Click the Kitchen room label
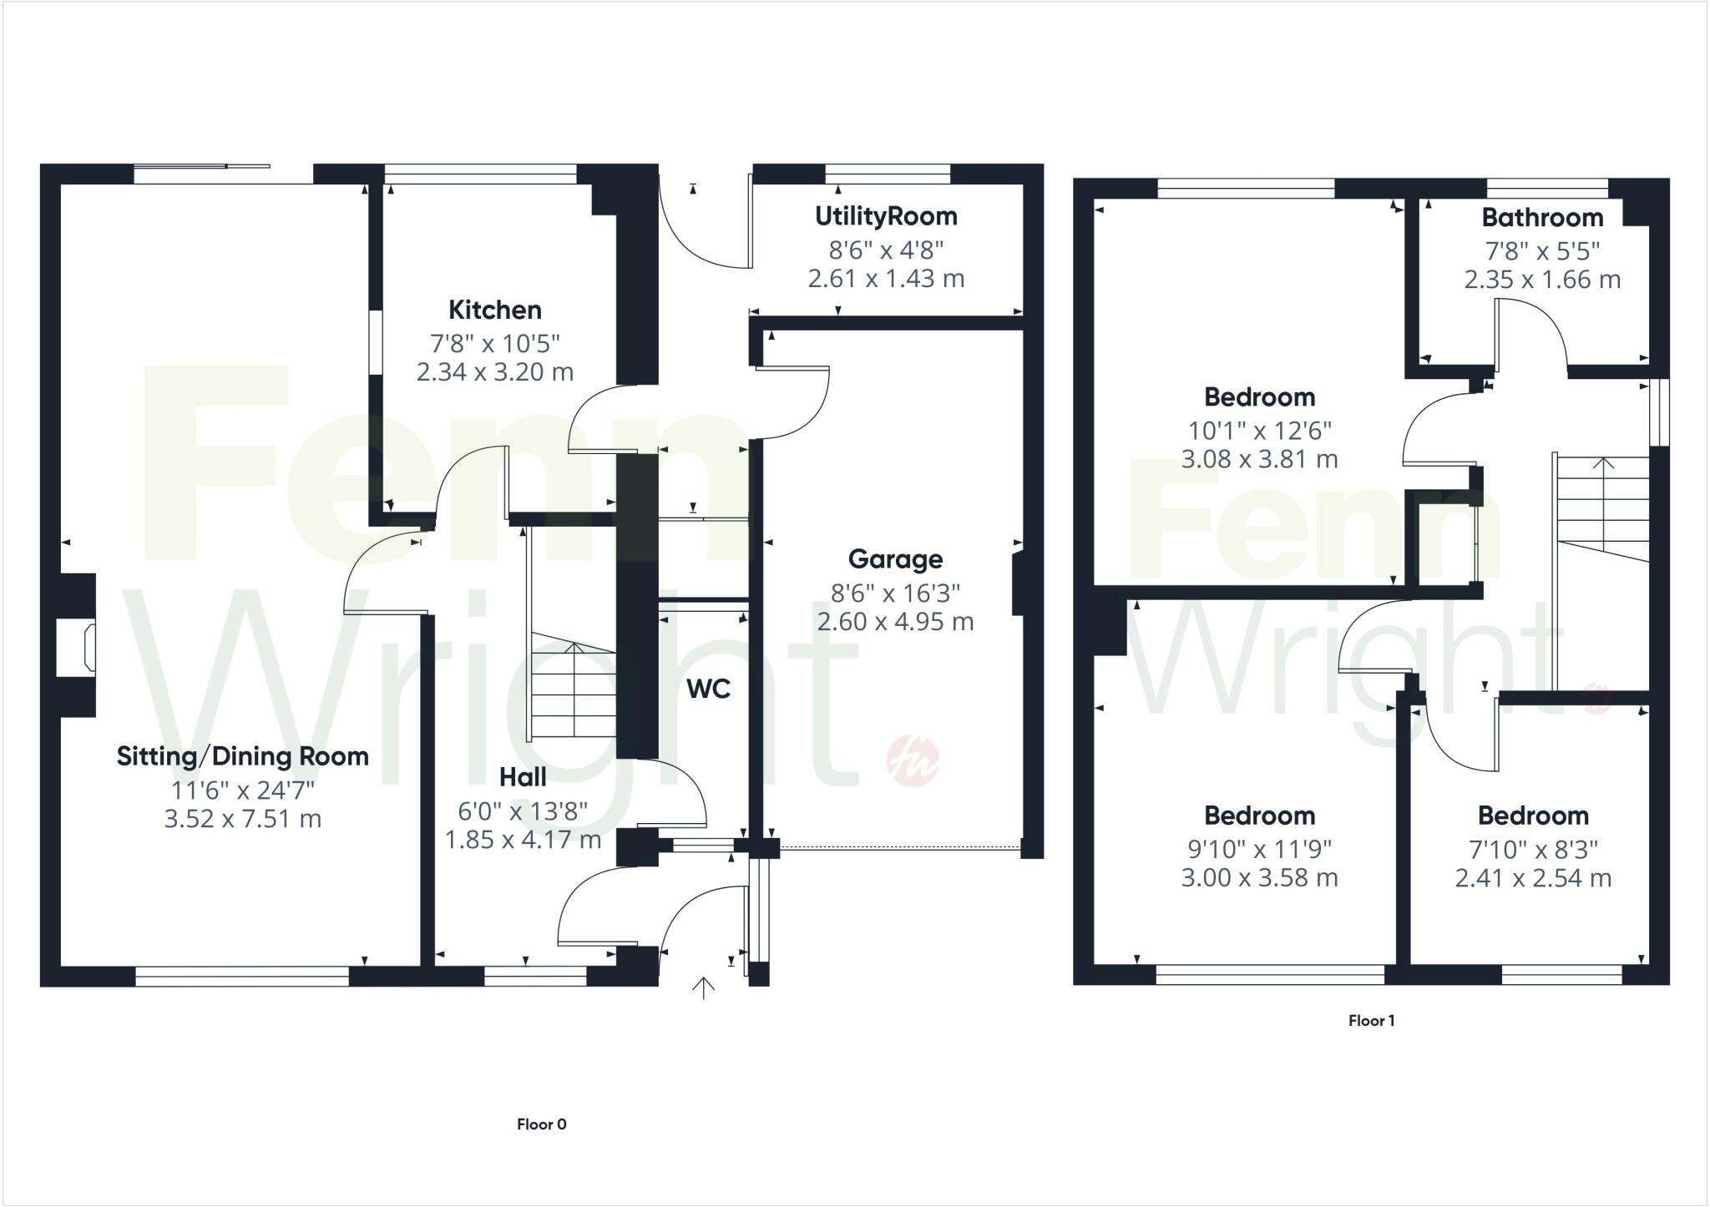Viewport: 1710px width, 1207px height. coord(495,310)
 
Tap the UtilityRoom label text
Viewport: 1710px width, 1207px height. coord(886,216)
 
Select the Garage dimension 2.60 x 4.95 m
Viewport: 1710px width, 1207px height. coord(895,622)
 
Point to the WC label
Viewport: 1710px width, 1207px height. coord(708,689)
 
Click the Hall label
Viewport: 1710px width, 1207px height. coord(523,777)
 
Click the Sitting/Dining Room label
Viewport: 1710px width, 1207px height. coord(242,756)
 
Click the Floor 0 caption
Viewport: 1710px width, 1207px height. coord(541,1124)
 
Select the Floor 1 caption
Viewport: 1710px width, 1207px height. coord(1371,1021)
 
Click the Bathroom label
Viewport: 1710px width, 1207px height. coord(1542,218)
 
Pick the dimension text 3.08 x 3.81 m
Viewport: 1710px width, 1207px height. coord(1259,459)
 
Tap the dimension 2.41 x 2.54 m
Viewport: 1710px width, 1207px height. coord(1533,878)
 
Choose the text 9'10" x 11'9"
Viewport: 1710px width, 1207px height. coord(1259,849)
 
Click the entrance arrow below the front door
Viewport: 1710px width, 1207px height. coord(704,988)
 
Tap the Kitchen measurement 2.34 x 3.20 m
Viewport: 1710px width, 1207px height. coord(495,371)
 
